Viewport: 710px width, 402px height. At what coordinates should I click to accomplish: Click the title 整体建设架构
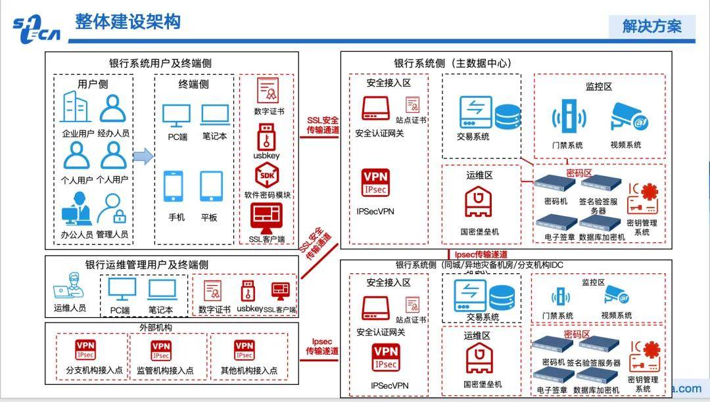[x=128, y=22]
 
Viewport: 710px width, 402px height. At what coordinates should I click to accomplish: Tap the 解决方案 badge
[x=652, y=26]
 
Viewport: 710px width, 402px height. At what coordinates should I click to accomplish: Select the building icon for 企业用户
[x=77, y=108]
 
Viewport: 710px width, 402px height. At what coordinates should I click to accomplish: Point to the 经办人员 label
[x=113, y=133]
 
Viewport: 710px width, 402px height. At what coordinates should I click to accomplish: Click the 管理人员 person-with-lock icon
[x=112, y=209]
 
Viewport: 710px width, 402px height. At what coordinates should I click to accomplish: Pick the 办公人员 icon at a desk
[x=77, y=208]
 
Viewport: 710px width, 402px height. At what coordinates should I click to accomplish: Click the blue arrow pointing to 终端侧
[x=143, y=156]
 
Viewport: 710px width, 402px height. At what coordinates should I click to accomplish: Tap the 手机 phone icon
[x=174, y=187]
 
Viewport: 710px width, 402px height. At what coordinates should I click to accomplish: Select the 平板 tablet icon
[x=212, y=187]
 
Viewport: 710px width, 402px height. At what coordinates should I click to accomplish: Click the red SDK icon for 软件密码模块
[x=268, y=175]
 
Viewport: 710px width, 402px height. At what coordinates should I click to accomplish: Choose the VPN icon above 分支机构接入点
[x=85, y=349]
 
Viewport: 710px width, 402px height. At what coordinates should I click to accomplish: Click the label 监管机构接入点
[x=165, y=370]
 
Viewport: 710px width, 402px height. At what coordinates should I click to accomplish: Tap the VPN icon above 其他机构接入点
[x=244, y=349]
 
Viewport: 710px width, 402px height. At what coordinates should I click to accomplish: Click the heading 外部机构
[x=156, y=327]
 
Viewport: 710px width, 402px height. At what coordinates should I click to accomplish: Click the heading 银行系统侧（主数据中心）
[x=453, y=63]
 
